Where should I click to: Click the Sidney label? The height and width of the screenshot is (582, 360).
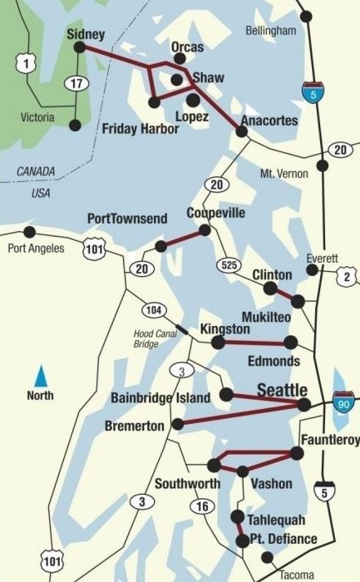[x=86, y=34]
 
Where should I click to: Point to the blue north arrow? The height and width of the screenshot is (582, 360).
[x=40, y=373]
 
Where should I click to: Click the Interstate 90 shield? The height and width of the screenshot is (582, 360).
[x=343, y=403]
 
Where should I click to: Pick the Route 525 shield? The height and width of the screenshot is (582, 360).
[x=232, y=265]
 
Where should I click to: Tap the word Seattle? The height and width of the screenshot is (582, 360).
[x=283, y=390]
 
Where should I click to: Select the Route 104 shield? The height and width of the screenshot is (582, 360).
[x=152, y=310]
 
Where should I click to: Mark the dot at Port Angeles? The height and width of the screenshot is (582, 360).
[x=30, y=231]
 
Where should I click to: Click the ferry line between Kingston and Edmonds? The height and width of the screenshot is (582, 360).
[x=254, y=342]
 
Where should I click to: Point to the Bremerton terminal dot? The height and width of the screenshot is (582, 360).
[x=177, y=425]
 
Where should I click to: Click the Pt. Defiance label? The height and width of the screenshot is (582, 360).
[x=284, y=540]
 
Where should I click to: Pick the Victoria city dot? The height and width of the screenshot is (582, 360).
[x=75, y=126]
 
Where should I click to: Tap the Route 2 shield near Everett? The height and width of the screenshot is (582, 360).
[x=347, y=277]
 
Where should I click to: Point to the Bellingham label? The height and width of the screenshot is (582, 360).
[x=271, y=31]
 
